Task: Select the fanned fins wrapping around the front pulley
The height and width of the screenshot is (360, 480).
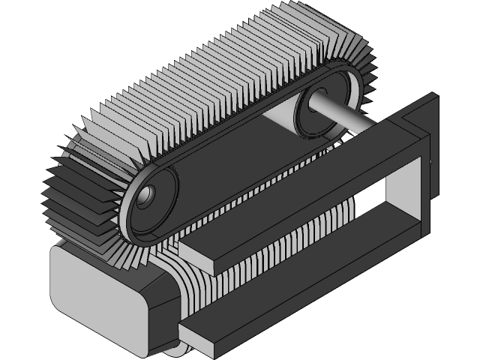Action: pyautogui.click(x=82, y=195)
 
